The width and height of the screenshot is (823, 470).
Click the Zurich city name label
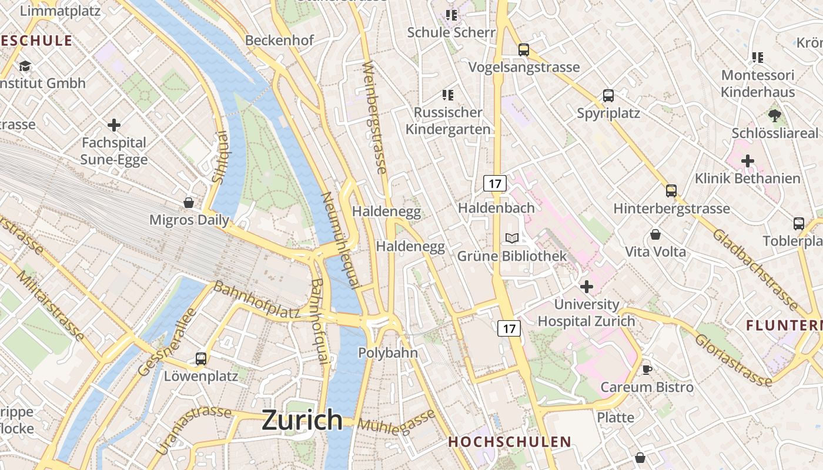302,420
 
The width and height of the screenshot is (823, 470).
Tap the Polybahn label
388,353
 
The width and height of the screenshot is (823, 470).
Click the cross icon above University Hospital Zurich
586,287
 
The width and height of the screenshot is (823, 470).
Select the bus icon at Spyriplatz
608,96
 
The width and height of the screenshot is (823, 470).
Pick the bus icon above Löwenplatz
201,358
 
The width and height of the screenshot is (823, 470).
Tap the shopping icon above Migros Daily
189,203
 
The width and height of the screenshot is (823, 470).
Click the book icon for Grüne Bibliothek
512,238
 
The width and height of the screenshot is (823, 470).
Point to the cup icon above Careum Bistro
647,370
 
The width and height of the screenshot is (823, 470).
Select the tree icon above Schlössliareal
774,116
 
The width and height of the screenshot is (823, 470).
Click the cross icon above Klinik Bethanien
748,160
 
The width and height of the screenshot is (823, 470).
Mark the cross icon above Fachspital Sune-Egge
114,125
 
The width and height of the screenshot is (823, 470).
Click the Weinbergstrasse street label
375,117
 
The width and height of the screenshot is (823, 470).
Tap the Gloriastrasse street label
732,360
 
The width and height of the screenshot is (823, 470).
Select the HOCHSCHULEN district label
510,442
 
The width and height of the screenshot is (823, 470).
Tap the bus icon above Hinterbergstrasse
671,191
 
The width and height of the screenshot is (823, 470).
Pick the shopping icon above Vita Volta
655,235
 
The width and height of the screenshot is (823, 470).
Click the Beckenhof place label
279,41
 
